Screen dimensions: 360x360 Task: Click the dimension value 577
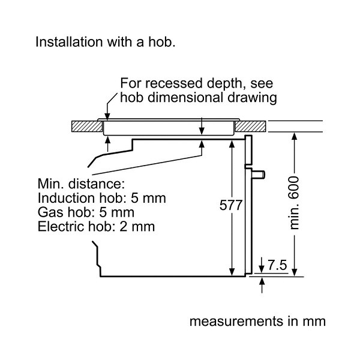[x=231, y=205]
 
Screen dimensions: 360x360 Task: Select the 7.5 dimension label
[x=277, y=265]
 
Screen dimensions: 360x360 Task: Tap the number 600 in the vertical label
[x=294, y=188]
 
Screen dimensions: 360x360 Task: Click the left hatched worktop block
[x=87, y=126]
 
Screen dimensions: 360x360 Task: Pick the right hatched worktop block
[x=250, y=126]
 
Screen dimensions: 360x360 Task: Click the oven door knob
[x=259, y=175]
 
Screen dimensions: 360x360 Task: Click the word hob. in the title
[x=161, y=42]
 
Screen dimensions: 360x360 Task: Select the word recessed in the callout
[x=173, y=83]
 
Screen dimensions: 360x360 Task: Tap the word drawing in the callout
[x=252, y=98]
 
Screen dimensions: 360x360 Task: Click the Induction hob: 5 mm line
[x=102, y=198]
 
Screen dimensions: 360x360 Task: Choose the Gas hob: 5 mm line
[x=86, y=212]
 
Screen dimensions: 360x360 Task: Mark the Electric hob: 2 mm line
[x=96, y=226]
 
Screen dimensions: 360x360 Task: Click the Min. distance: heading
[x=81, y=184]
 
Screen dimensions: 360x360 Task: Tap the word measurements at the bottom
[x=236, y=321]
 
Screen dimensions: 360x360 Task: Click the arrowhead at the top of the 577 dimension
[x=232, y=144]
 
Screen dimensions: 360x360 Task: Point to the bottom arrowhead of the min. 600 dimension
[x=295, y=272]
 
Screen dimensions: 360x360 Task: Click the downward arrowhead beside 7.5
[x=262, y=269]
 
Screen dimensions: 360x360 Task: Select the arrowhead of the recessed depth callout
[x=107, y=117]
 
